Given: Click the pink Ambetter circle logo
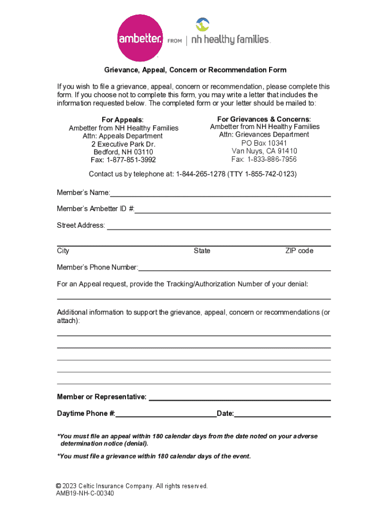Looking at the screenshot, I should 140,38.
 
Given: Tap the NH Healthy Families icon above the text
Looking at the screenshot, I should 202,24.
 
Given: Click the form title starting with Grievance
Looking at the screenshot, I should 196,70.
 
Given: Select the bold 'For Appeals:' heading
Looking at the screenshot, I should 122,119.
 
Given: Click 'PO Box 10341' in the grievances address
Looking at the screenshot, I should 265,143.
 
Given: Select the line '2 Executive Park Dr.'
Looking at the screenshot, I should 123,144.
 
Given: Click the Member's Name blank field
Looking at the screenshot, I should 220,193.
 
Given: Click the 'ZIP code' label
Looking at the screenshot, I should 299,250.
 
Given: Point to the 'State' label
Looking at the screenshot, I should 202,250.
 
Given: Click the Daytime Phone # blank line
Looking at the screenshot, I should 166,414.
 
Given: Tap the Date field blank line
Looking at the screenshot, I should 282,414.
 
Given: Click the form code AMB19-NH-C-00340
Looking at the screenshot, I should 85,493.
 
